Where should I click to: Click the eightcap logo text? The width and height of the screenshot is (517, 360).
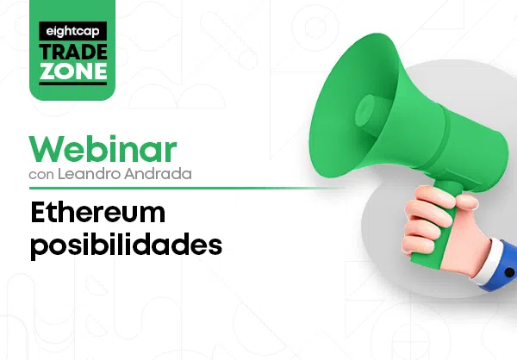tap(72, 32)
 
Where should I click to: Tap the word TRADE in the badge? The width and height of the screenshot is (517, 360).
tap(73, 52)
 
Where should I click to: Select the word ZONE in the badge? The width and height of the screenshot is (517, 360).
tap(73, 71)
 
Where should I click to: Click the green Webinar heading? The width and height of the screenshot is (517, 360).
tap(103, 149)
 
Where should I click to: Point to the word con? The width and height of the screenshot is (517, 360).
tap(41, 175)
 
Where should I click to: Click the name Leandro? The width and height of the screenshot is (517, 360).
tap(89, 174)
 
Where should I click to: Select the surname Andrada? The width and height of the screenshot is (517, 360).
tap(158, 174)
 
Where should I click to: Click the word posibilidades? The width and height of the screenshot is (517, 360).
tap(127, 245)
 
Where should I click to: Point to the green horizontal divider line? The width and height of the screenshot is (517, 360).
tap(184, 189)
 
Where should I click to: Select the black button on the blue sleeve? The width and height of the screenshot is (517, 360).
tap(509, 272)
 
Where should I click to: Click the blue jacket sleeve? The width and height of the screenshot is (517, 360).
tap(503, 267)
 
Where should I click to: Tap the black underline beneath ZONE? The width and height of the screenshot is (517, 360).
tap(73, 84)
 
